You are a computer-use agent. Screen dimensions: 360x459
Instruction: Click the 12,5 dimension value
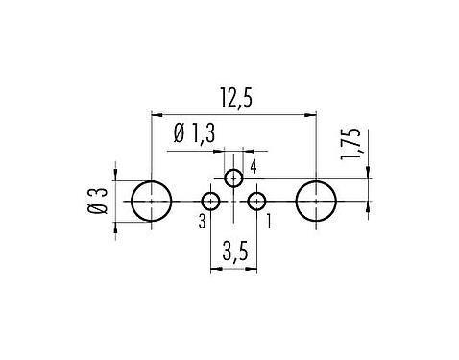point(233,99)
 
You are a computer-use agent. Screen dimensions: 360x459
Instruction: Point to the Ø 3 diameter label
point(96,203)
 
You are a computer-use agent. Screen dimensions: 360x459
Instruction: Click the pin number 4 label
point(253,168)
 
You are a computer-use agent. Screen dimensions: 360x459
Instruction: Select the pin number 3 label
point(201,223)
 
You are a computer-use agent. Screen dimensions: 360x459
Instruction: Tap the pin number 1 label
point(267,223)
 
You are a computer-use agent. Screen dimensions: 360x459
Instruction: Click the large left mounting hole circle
point(151,202)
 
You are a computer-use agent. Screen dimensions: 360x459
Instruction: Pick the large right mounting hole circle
point(316,202)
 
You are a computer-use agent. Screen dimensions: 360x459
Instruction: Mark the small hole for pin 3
point(210,202)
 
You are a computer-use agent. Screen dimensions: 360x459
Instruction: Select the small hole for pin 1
point(256,202)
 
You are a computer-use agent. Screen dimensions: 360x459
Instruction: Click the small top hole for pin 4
point(233,178)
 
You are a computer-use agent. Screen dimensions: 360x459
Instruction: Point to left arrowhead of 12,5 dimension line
point(156,114)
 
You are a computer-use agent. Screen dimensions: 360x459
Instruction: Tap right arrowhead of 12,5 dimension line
point(311,114)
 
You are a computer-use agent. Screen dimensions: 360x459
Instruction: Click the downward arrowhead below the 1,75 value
point(370,173)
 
